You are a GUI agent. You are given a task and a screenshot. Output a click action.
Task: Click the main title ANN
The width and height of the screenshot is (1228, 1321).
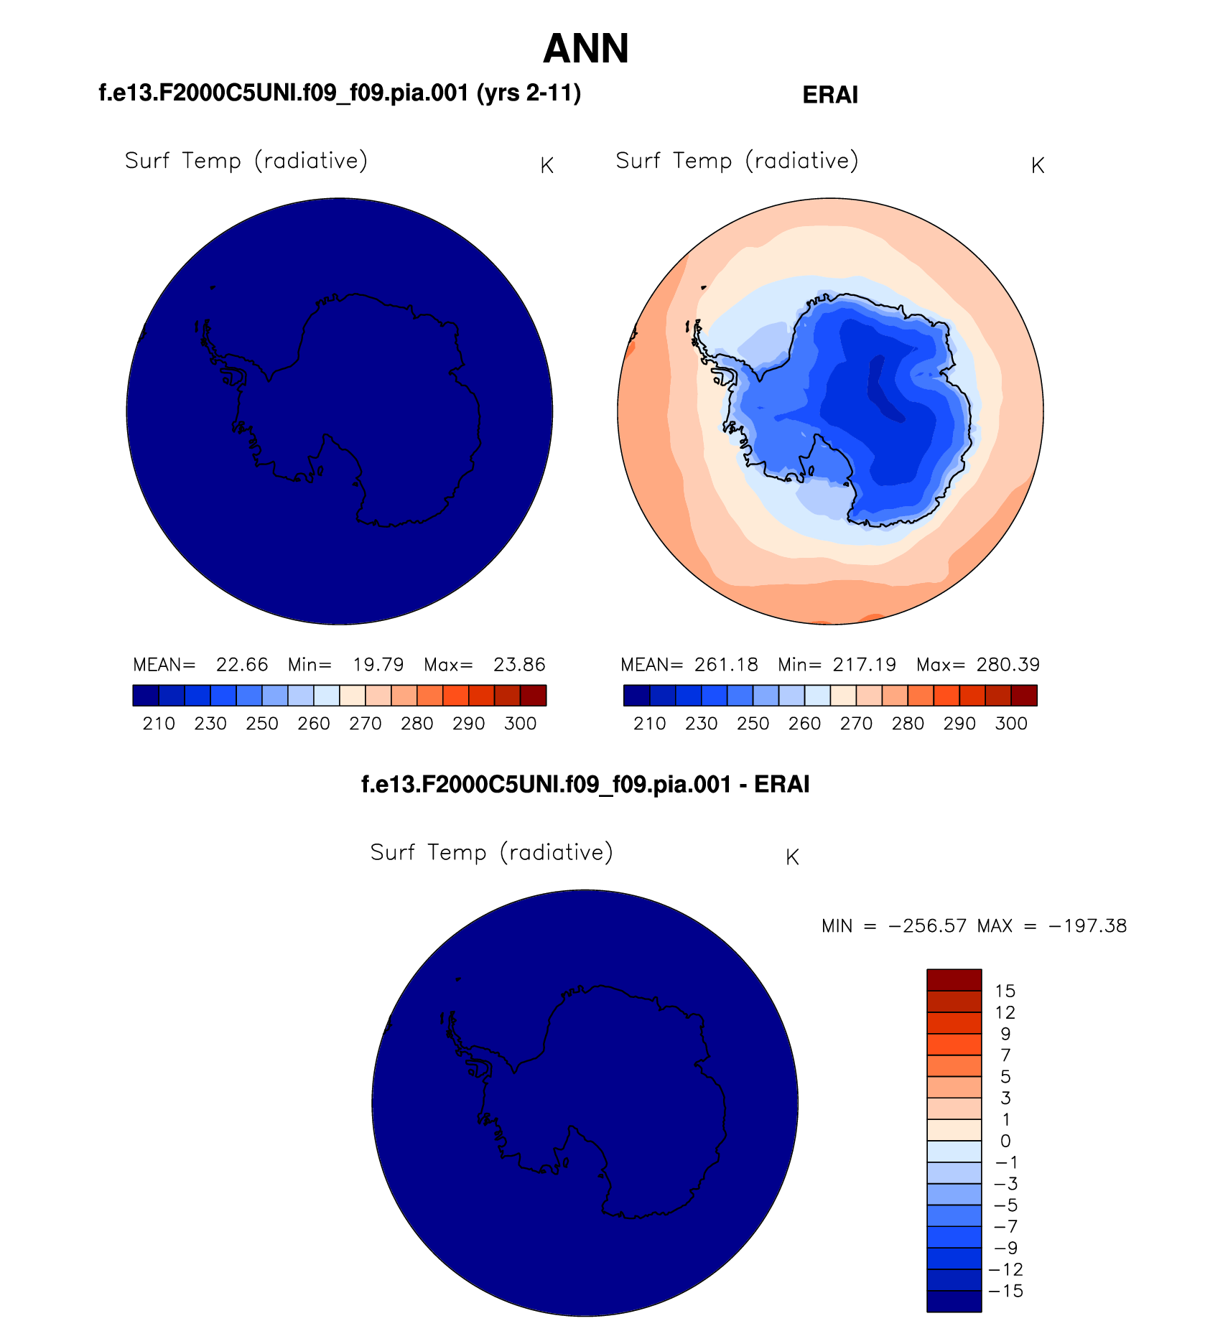tap(586, 49)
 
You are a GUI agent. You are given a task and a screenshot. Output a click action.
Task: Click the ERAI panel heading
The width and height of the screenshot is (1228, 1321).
tap(829, 95)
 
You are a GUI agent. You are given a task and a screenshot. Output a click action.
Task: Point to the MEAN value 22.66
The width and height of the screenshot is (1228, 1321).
tap(242, 665)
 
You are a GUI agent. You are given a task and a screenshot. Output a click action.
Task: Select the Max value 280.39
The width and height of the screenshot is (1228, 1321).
tap(1008, 665)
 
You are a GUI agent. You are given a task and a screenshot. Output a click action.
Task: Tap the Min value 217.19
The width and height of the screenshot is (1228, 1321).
tap(864, 665)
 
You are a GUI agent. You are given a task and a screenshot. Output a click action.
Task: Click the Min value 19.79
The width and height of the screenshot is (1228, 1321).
tap(378, 665)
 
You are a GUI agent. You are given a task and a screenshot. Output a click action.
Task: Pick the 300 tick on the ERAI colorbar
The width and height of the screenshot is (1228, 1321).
tap(1011, 724)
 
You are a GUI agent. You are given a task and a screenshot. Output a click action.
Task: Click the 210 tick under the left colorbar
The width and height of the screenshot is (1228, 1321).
tap(159, 724)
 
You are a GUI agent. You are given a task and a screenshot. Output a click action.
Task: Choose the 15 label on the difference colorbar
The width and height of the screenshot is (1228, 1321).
tap(1005, 991)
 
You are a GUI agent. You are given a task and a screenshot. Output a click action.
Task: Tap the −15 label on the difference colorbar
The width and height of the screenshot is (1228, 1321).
tap(1005, 1291)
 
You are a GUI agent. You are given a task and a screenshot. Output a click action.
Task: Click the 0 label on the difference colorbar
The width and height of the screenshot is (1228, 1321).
tap(1005, 1142)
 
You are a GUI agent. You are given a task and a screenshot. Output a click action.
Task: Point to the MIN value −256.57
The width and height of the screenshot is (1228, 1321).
tap(927, 926)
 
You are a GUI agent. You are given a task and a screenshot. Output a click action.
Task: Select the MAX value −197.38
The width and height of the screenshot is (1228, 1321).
tap(1088, 926)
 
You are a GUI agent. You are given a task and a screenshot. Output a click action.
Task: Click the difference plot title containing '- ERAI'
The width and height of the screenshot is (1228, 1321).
tap(585, 784)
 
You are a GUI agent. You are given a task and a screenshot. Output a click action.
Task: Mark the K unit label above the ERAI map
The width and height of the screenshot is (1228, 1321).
tap(1037, 166)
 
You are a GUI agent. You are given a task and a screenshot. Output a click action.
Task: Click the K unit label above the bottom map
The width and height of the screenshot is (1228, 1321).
tap(792, 857)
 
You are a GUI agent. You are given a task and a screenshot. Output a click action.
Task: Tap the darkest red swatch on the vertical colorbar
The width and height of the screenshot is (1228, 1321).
tap(954, 980)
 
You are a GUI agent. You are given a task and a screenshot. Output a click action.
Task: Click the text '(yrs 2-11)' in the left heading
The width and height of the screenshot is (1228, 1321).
tap(529, 93)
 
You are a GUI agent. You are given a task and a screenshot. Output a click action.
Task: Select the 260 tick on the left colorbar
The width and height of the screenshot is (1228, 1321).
tap(314, 724)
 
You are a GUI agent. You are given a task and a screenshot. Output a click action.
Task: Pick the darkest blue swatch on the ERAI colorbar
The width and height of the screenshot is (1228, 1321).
tap(636, 696)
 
